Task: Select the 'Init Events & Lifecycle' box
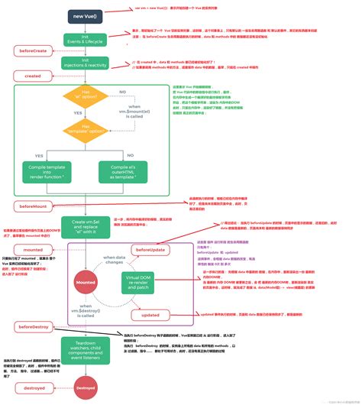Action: (x=84, y=39)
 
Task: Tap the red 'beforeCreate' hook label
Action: (x=32, y=50)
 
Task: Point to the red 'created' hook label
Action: (x=33, y=76)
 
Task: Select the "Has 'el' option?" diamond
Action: (x=84, y=97)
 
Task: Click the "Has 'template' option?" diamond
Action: (x=84, y=131)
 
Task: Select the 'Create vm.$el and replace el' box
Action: (x=84, y=227)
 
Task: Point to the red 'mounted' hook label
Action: (x=33, y=249)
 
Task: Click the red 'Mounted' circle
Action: (x=84, y=281)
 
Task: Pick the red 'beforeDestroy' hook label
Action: (x=33, y=327)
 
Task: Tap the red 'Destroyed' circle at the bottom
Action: (x=84, y=388)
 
